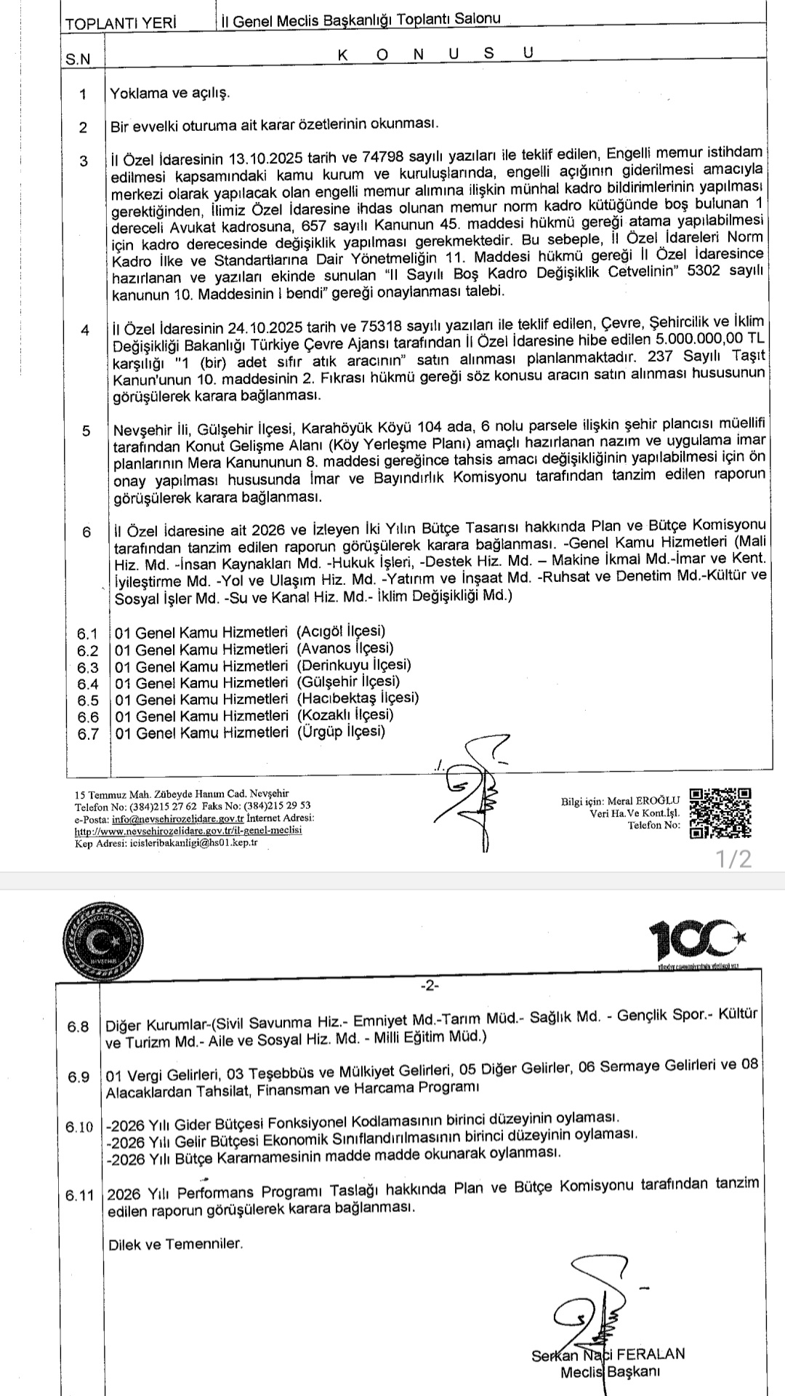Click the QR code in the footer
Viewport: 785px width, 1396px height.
[x=720, y=813]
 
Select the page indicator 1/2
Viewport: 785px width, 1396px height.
[x=733, y=859]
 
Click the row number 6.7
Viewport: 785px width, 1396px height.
[x=88, y=733]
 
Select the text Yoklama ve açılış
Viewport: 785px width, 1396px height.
[x=169, y=94]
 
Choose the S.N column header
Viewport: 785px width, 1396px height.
[x=78, y=60]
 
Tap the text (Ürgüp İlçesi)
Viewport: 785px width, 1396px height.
[x=341, y=732]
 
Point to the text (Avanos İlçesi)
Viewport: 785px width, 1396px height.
[x=345, y=648]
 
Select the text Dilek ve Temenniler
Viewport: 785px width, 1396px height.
[x=175, y=1243]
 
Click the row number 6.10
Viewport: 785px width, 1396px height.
[x=79, y=1128]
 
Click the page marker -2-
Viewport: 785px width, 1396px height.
[x=429, y=986]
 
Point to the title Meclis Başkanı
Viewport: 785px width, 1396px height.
[x=609, y=1372]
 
